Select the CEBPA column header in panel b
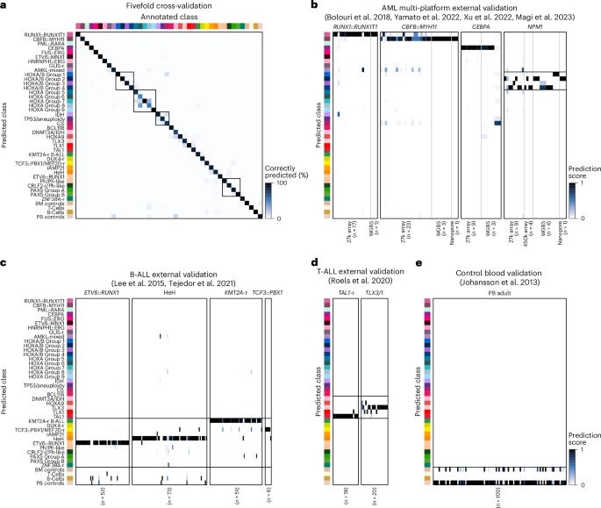point(482,28)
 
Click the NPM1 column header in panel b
point(534,28)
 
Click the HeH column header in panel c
point(169,291)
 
